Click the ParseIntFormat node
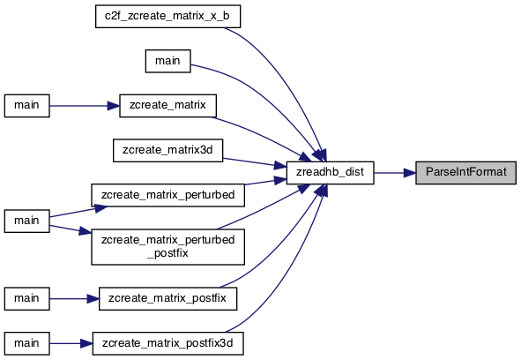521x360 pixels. pyautogui.click(x=465, y=173)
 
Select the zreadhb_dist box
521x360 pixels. pyautogui.click(x=330, y=173)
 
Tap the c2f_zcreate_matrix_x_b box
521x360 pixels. pyautogui.click(x=167, y=16)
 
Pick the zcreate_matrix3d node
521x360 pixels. pyautogui.click(x=167, y=151)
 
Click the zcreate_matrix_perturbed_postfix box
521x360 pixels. pyautogui.click(x=167, y=247)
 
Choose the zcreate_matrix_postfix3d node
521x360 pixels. pyautogui.click(x=167, y=343)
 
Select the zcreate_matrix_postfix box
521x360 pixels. pyautogui.click(x=167, y=299)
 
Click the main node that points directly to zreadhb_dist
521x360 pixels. pyautogui.click(x=167, y=61)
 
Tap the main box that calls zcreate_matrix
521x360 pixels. pyautogui.click(x=27, y=106)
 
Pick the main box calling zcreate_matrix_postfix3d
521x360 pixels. pyautogui.click(x=27, y=343)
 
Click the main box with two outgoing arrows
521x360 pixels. pyautogui.click(x=27, y=221)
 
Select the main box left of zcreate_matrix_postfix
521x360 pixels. pyautogui.click(x=27, y=299)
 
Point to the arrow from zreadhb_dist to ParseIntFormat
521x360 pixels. pyautogui.click(x=395, y=173)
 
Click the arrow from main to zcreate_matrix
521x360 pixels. pyautogui.click(x=85, y=106)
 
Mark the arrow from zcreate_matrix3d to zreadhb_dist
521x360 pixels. pyautogui.click(x=255, y=162)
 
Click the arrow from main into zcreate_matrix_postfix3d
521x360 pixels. pyautogui.click(x=71, y=343)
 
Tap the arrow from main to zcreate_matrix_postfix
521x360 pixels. pyautogui.click(x=74, y=299)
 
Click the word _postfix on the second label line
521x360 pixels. pyautogui.click(x=167, y=253)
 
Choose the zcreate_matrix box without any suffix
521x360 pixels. pyautogui.click(x=167, y=106)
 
